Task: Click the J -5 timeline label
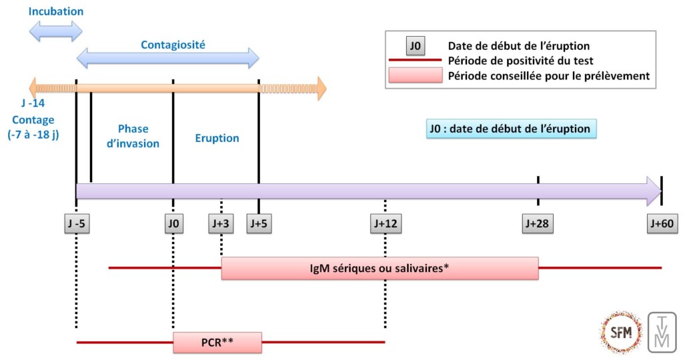(77, 224)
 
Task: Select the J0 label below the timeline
(173, 224)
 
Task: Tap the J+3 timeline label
(221, 224)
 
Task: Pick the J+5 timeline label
(258, 224)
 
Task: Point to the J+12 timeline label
(385, 224)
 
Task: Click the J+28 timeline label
(538, 224)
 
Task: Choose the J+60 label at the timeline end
(662, 224)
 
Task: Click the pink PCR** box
(217, 343)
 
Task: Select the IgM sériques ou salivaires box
(379, 269)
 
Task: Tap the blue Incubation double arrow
(55, 31)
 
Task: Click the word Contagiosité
(172, 45)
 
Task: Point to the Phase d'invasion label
(133, 136)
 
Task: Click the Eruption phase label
(217, 139)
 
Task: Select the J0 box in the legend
(415, 47)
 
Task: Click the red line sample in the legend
(414, 61)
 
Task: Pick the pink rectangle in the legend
(414, 75)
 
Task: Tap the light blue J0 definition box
(511, 129)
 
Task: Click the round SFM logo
(620, 331)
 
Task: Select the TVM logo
(662, 331)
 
